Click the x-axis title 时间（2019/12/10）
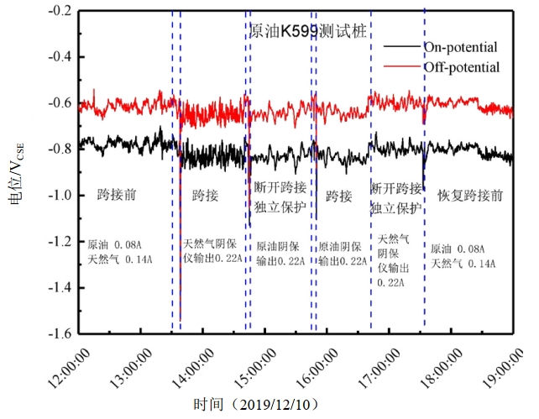[256, 405]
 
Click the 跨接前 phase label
[117, 196]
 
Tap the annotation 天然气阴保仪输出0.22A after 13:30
[212, 252]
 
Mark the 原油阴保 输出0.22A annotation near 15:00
[278, 254]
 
